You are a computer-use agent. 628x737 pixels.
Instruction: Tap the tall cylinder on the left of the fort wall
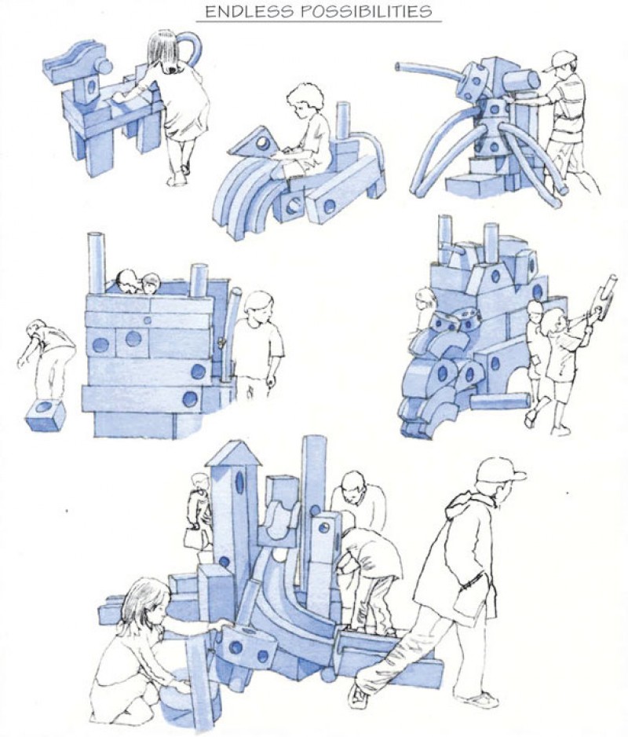[97, 263]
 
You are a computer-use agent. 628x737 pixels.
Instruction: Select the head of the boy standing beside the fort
[258, 307]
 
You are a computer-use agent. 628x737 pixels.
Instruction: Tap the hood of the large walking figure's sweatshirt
[466, 502]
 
